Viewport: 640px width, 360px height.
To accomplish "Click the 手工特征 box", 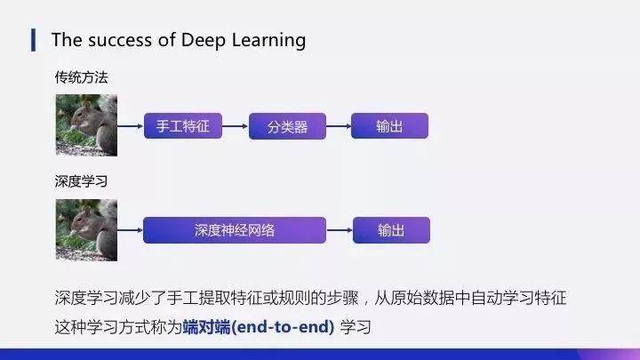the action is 182,125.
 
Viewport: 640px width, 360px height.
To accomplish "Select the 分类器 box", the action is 287,125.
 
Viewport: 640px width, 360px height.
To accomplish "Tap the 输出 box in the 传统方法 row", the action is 389,125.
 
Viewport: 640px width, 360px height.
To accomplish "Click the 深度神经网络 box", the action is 235,230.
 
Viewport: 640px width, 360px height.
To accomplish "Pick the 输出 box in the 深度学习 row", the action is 391,230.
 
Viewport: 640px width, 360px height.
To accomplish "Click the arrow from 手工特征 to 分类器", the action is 235,125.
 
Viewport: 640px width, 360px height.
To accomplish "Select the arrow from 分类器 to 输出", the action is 339,125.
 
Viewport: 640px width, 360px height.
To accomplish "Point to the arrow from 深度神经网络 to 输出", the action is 340,230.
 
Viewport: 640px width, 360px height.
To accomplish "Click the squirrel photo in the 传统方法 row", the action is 86,125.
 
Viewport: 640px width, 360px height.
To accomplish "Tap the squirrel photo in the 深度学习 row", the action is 86,229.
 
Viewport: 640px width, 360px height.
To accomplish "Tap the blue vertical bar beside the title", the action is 34,39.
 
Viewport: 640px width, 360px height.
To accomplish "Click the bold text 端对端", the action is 204,327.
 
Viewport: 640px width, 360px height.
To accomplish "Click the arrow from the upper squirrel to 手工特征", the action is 131,125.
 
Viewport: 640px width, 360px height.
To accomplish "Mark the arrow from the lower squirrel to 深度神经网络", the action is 131,230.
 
